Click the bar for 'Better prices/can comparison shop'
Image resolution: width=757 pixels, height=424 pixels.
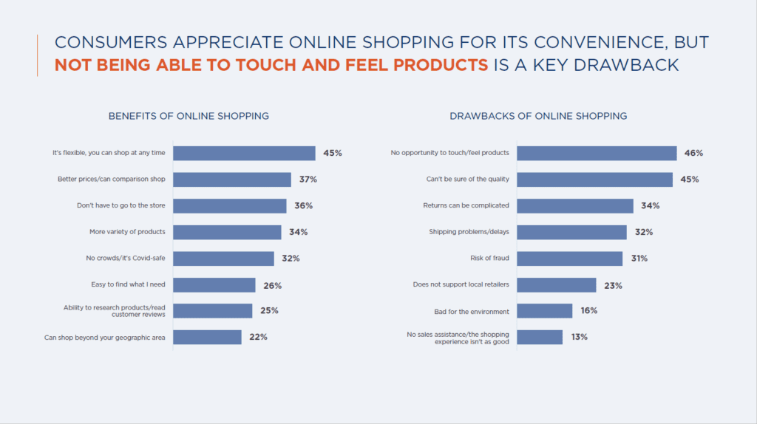tap(232, 179)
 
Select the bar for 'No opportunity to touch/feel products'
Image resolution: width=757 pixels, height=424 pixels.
tap(597, 153)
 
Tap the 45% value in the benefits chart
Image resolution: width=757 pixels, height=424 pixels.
tap(333, 153)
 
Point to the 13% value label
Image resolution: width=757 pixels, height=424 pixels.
tap(579, 337)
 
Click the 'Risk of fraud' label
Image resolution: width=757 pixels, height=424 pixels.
tap(489, 259)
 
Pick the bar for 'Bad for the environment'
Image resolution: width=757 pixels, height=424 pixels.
tap(544, 311)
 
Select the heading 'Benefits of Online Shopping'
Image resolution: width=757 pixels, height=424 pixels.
tap(189, 116)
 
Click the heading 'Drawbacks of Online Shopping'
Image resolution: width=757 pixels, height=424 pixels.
tap(538, 116)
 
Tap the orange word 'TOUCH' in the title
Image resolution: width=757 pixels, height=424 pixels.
tap(233, 65)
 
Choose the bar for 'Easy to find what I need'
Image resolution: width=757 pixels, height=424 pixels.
tap(214, 285)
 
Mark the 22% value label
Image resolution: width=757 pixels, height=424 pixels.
tap(258, 337)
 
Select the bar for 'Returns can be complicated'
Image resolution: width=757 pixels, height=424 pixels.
tap(575, 205)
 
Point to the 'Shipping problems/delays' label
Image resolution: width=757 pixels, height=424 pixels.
tap(469, 232)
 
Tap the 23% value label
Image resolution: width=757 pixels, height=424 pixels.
tap(612, 285)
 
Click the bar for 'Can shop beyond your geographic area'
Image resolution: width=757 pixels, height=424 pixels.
tap(207, 337)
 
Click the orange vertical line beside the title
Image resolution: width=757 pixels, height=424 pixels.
tap(37, 55)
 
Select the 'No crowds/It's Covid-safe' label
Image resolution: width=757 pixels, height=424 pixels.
tap(125, 259)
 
